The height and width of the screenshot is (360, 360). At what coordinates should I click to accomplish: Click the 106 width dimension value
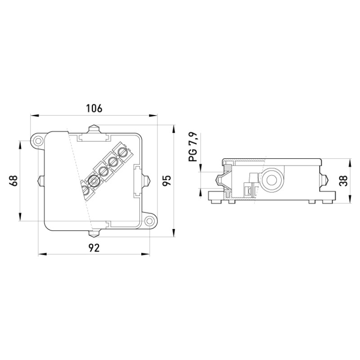(94, 108)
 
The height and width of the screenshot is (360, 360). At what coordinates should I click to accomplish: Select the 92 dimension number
(94, 248)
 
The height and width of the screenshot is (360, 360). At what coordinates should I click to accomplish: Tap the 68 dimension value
(13, 181)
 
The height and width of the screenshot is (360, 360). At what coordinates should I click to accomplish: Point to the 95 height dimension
(167, 180)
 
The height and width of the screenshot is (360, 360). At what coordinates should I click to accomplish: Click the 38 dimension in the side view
(343, 180)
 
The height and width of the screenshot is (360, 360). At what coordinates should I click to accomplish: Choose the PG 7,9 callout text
(193, 147)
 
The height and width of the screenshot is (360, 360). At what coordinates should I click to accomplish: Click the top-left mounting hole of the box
(38, 140)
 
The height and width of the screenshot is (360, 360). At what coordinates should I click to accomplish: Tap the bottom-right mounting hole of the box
(149, 221)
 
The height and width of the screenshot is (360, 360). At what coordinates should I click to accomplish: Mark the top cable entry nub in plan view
(94, 129)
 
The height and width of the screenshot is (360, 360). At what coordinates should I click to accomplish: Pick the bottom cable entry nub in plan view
(94, 234)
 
